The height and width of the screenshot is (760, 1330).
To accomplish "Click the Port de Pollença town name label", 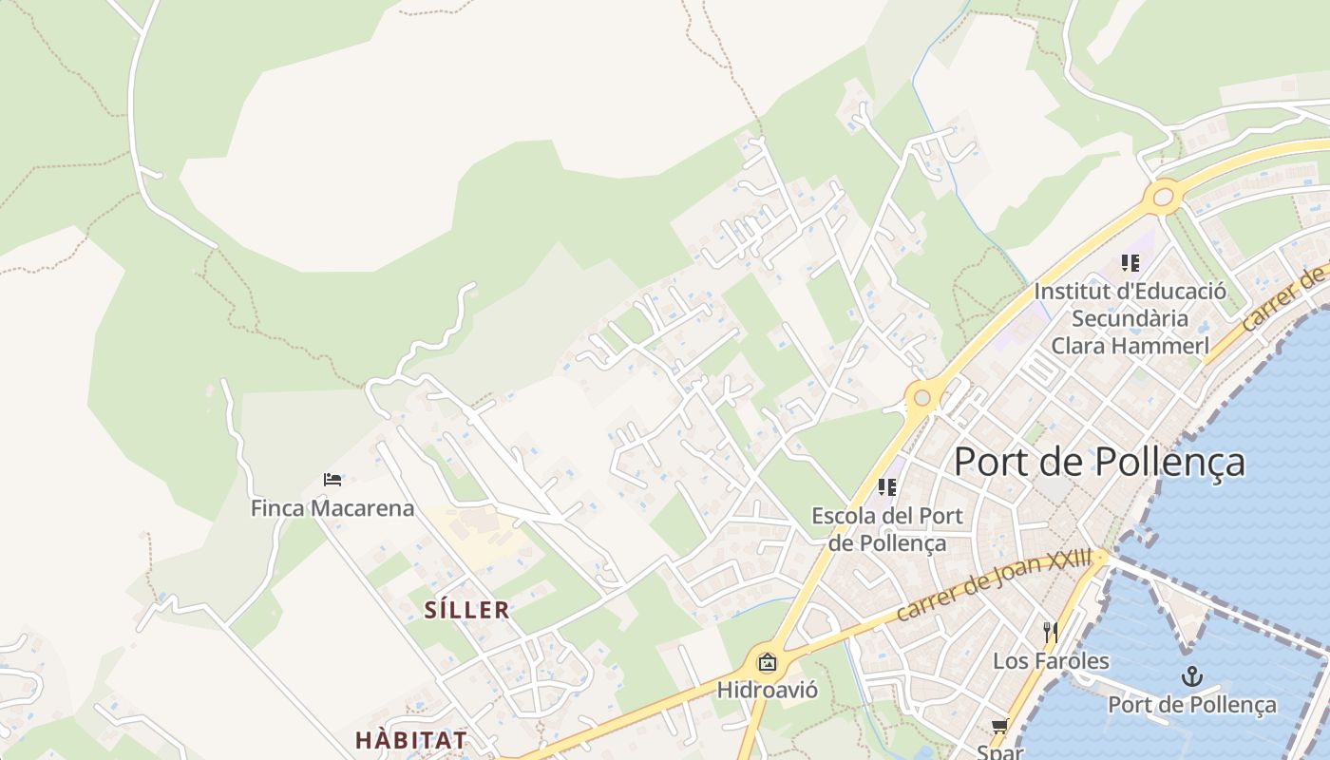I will [1099, 462].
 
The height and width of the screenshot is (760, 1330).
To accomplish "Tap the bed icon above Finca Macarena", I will [332, 479].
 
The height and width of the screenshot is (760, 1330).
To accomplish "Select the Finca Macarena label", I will [332, 508].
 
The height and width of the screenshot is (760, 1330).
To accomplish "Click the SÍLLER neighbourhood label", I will [466, 610].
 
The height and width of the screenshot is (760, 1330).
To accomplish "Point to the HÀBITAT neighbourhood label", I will [411, 739].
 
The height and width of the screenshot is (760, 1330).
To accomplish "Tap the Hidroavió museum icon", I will [767, 662].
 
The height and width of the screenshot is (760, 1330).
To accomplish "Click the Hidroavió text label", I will [767, 689].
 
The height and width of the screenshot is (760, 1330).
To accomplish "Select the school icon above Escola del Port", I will [887, 487].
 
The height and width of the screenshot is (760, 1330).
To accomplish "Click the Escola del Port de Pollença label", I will [887, 529].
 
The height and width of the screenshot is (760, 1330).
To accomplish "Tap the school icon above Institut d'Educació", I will [1130, 262].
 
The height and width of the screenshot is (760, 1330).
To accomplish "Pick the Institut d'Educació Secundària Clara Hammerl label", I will [1130, 318].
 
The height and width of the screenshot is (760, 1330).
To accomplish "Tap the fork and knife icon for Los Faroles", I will [1050, 633].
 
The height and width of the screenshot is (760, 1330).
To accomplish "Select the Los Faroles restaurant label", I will [1051, 660].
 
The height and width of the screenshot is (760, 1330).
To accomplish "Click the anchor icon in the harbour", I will [1191, 676].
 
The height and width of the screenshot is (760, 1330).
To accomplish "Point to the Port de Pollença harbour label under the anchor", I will [1192, 705].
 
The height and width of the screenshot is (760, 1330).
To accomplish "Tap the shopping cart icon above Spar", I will [999, 727].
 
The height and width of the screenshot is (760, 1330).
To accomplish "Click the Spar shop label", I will [999, 751].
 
